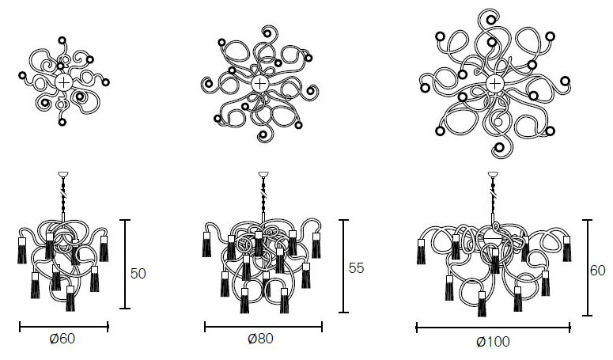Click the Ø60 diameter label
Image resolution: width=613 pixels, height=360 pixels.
click(62, 339)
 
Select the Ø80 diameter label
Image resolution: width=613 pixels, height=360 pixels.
click(260, 339)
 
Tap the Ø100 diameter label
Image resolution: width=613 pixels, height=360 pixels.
click(493, 342)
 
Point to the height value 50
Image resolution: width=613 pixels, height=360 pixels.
click(138, 274)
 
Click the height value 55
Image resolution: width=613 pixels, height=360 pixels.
click(356, 268)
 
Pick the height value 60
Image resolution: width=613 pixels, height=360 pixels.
click(597, 271)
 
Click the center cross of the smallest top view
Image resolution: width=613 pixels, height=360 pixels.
click(63, 82)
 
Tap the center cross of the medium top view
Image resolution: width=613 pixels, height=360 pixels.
click(259, 84)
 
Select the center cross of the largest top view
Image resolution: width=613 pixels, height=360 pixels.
click(494, 83)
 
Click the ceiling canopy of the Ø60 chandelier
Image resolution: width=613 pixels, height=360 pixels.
click(63, 174)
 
